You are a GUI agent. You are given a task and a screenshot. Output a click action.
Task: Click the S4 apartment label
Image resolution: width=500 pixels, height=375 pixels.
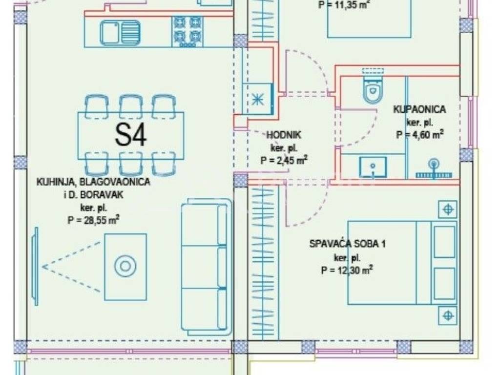[x=131, y=135]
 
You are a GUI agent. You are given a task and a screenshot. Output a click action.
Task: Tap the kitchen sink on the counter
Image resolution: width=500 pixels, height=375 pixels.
[x=120, y=33]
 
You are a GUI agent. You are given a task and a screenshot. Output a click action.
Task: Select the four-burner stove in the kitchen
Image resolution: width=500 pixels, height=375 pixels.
[x=187, y=31]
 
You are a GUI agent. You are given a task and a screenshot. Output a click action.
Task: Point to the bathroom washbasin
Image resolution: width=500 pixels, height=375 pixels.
[x=373, y=167]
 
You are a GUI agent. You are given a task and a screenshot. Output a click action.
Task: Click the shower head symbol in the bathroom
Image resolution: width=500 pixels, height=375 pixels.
[x=433, y=165]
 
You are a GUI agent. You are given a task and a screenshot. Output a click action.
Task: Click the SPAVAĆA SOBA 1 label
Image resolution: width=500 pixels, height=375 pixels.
[x=347, y=244]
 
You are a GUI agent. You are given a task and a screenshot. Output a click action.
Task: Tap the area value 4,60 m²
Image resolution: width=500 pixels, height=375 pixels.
[x=419, y=135]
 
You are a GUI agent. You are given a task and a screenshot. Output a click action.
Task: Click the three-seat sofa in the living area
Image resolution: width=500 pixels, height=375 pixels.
[x=205, y=266]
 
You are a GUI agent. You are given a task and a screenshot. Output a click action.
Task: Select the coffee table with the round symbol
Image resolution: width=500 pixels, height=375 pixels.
[x=125, y=267]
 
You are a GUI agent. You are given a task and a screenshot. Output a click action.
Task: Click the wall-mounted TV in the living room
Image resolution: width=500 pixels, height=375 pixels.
[x=35, y=267]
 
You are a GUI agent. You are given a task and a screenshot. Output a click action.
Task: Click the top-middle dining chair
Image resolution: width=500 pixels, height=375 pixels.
[x=130, y=106]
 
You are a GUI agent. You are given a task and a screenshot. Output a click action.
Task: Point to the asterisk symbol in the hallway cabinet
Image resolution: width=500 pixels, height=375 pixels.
[x=257, y=98]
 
